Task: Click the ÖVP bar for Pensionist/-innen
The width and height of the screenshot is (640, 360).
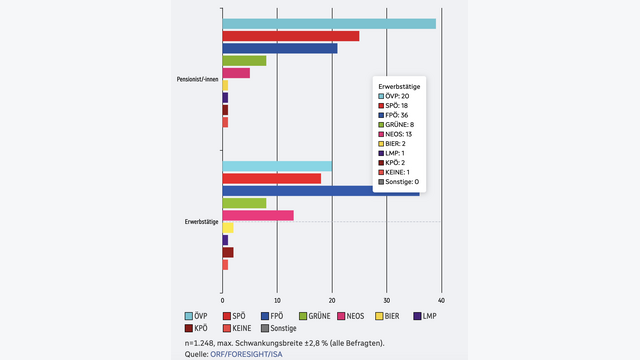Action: (329, 24)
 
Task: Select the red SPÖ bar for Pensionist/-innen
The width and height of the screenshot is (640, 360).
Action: (291, 36)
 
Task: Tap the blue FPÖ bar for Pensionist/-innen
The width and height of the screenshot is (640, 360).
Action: (280, 48)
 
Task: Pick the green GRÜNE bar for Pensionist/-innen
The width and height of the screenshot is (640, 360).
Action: (244, 60)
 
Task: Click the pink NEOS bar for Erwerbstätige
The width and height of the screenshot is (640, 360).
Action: (258, 216)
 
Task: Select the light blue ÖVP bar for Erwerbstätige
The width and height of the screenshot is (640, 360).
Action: (277, 166)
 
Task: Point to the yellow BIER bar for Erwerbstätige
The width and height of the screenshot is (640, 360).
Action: (228, 228)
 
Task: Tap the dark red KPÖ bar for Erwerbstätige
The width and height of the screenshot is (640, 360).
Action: (228, 252)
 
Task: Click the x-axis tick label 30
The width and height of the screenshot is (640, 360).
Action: (387, 300)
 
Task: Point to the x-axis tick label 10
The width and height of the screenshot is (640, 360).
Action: (277, 300)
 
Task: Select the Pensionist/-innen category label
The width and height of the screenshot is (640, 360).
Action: (198, 79)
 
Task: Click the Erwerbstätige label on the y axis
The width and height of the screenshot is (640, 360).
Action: (202, 222)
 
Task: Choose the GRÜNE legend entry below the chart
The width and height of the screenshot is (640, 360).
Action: (315, 316)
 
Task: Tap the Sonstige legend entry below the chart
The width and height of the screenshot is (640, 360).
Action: (279, 328)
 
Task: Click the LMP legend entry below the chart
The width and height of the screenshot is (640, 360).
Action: (425, 316)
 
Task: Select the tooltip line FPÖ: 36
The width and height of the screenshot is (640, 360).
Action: (393, 115)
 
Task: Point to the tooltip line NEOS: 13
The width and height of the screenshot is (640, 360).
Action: (395, 134)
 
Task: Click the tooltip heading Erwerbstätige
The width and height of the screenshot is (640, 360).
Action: (399, 87)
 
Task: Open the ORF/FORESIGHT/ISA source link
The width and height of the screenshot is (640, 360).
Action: (246, 354)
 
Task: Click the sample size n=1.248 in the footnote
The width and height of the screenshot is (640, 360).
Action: (199, 343)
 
